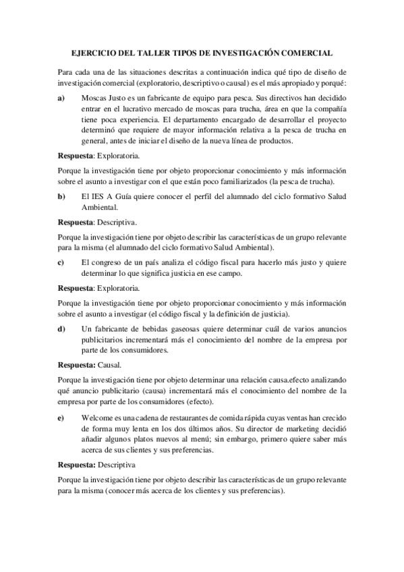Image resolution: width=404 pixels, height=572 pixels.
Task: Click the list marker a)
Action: pos(61,98)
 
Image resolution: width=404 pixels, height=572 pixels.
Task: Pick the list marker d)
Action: pos(61,328)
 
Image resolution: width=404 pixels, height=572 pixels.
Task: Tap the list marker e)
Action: pos(61,418)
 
